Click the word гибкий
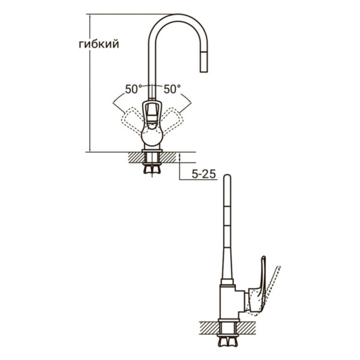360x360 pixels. (99, 45)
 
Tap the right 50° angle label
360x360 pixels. (172, 89)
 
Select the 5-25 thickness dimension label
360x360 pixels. (204, 175)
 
